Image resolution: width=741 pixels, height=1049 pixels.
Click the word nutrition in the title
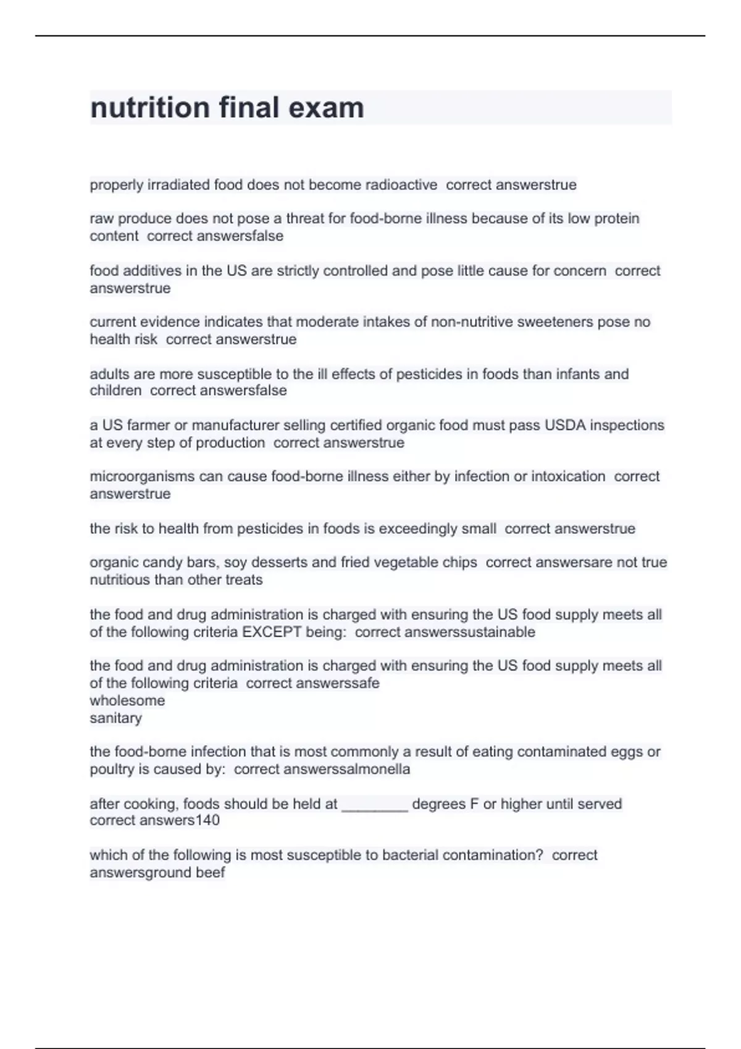(150, 108)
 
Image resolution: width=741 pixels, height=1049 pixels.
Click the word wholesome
(127, 700)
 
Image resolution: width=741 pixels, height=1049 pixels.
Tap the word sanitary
(115, 718)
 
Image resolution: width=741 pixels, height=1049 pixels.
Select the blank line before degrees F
(374, 804)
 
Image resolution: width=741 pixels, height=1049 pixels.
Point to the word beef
(210, 873)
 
